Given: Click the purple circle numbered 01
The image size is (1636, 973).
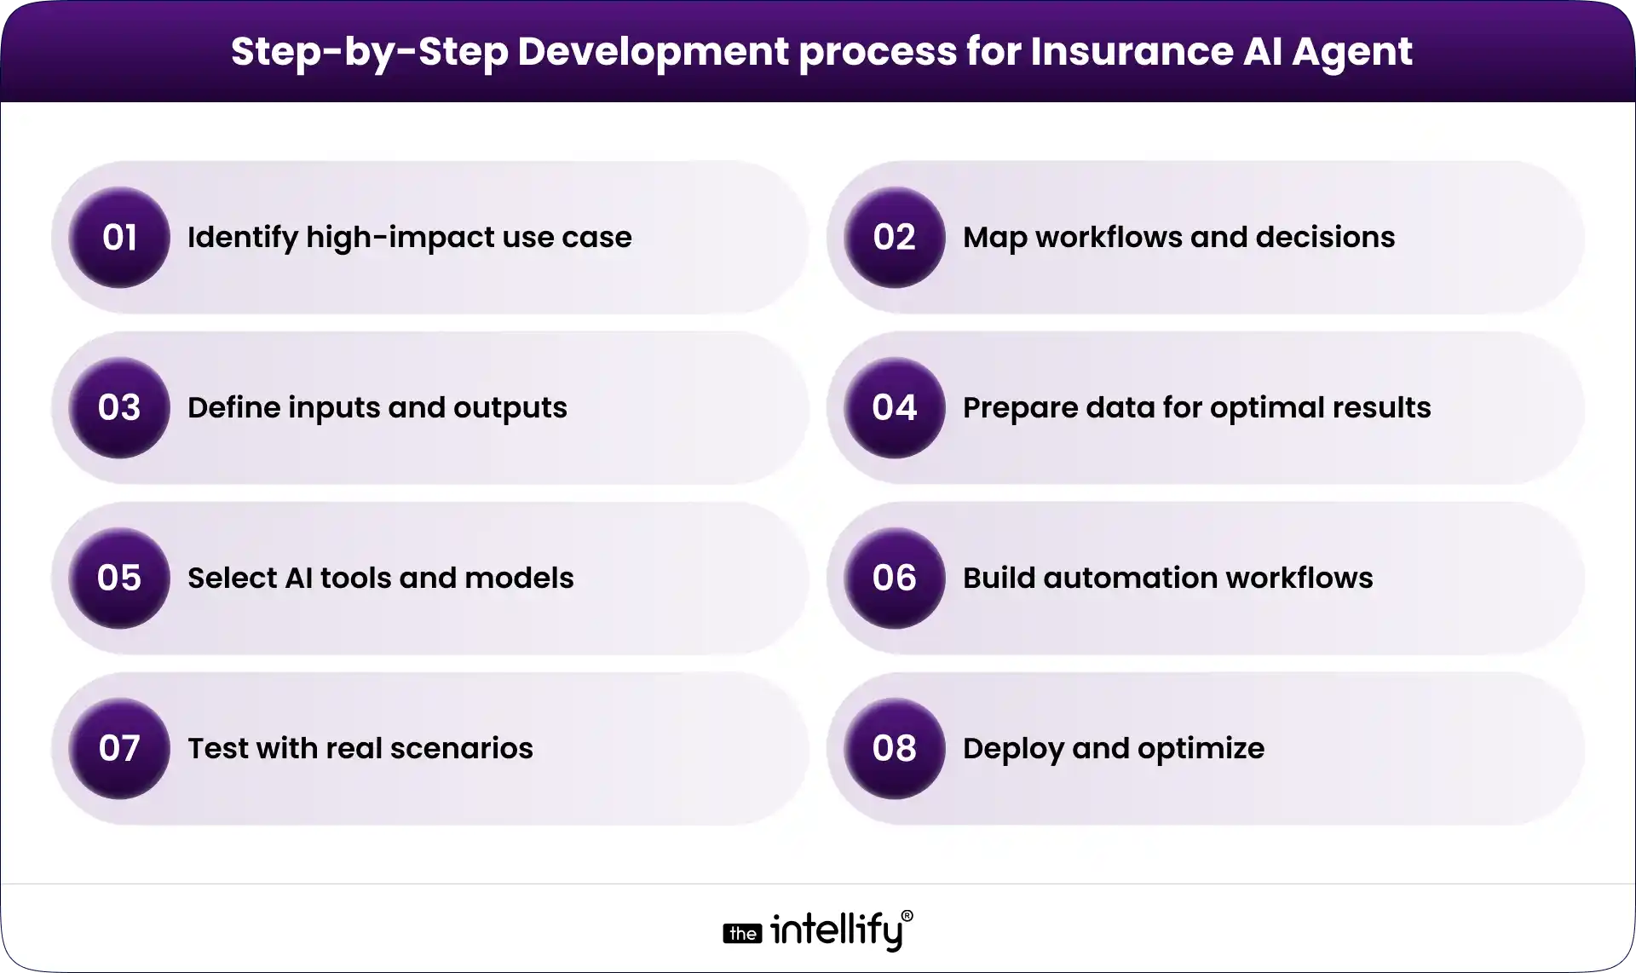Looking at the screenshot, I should coord(119,237).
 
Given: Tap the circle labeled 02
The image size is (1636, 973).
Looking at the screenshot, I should coord(894,237).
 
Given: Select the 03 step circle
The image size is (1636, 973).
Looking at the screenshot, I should coord(119,407).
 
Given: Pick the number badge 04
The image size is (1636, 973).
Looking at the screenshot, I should coord(894,407).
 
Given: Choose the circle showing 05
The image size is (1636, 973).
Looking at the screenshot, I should coord(119,578).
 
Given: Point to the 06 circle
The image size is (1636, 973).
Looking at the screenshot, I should coord(894,578).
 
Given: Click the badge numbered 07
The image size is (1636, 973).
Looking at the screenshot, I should coord(119,748).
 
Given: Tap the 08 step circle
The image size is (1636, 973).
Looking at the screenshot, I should coord(894,748).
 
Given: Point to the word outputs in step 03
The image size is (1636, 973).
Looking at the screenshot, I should coord(510,408).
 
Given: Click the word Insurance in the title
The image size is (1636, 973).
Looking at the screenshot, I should coord(1132,51).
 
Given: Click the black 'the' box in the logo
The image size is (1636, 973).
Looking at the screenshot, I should coord(742,934).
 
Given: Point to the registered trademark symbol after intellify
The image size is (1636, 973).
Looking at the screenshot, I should coord(907,916).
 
